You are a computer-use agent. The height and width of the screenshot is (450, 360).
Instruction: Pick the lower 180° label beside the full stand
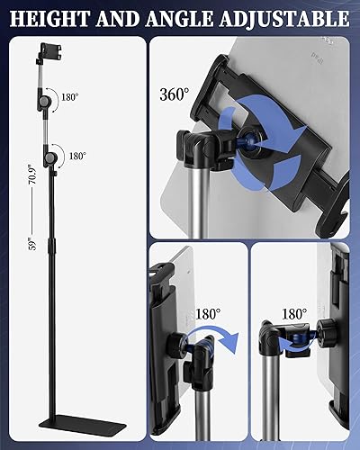tap(76, 156)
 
